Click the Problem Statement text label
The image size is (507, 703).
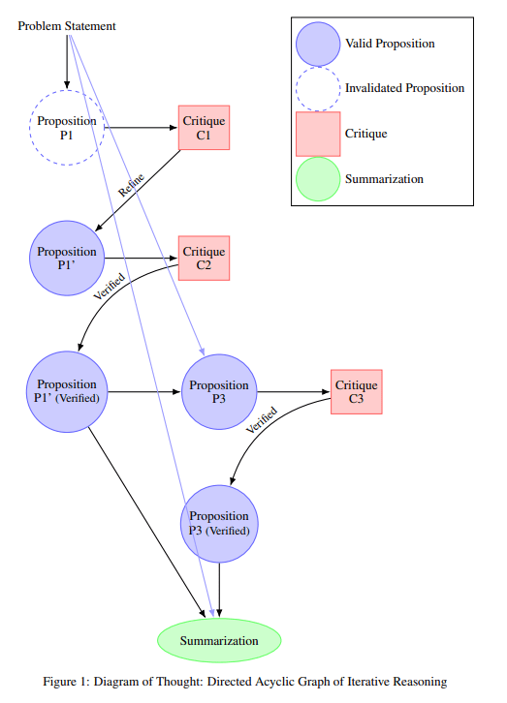[x=67, y=26]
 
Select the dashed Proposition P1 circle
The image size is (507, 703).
[x=67, y=128]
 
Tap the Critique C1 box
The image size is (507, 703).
[x=204, y=128]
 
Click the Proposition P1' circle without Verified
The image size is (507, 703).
[x=67, y=259]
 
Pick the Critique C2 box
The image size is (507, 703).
[x=204, y=259]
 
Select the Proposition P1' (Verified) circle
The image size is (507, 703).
[x=67, y=391]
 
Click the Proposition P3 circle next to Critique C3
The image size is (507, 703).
[x=219, y=391]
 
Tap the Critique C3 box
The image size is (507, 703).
[x=356, y=392]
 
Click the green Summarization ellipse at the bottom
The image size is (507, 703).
[x=219, y=640]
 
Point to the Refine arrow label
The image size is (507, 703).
[x=131, y=185]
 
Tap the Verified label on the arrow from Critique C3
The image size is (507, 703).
[x=262, y=420]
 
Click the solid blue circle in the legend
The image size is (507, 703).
[x=317, y=44]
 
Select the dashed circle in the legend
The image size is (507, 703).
[x=317, y=88]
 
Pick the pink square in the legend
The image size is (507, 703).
[x=317, y=134]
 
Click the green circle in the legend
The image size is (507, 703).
[x=317, y=179]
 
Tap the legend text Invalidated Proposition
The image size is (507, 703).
[x=404, y=88]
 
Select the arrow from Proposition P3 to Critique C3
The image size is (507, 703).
[x=293, y=392]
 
